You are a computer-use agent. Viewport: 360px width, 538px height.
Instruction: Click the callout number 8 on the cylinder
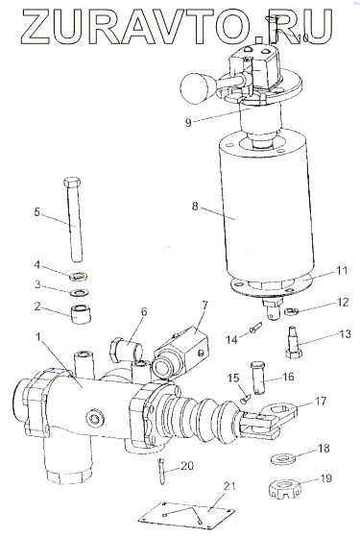(x=195, y=207)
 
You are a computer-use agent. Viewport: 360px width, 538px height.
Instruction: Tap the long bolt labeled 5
(x=75, y=219)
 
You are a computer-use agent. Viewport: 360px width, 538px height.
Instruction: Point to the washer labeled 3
(x=79, y=293)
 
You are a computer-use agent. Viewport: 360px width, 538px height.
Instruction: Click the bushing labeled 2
(x=81, y=313)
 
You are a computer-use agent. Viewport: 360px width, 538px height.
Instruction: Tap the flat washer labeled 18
(x=284, y=459)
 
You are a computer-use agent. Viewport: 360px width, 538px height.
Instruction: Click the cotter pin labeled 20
(x=162, y=472)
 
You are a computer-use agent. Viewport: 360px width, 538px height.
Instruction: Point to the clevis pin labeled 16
(x=259, y=378)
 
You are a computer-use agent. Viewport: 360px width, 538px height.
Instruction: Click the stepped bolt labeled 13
(x=295, y=342)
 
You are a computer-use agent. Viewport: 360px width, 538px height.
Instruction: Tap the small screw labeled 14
(x=254, y=327)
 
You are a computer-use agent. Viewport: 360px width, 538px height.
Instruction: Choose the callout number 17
(x=321, y=401)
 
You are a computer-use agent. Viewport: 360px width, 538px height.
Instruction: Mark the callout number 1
(x=39, y=336)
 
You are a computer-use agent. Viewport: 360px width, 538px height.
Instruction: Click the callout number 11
(x=342, y=271)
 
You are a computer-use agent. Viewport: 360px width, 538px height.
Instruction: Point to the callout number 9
(x=188, y=123)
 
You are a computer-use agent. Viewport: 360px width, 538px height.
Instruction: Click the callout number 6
(x=143, y=312)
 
